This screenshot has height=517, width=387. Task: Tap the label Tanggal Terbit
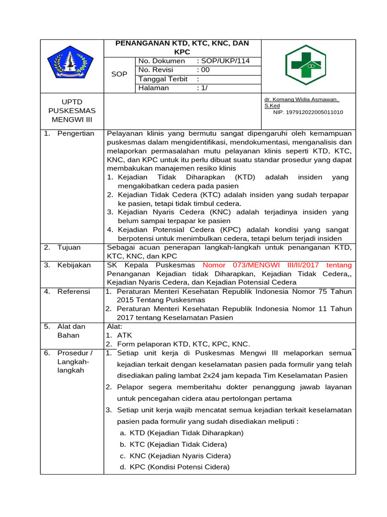coord(163,79)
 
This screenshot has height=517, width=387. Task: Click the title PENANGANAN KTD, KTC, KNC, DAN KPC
coord(182,47)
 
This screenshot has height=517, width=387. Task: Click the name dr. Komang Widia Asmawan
coord(301,100)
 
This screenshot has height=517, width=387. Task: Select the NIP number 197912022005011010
coord(308,112)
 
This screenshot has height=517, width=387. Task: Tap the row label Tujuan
coord(69,247)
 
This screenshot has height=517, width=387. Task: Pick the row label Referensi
coord(74,292)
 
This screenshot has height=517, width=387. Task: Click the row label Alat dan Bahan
coord(71,331)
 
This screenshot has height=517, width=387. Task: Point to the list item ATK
coord(124,335)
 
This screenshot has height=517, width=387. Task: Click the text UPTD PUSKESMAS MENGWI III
coord(72,111)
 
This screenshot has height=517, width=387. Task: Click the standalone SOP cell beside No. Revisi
coord(119,74)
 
